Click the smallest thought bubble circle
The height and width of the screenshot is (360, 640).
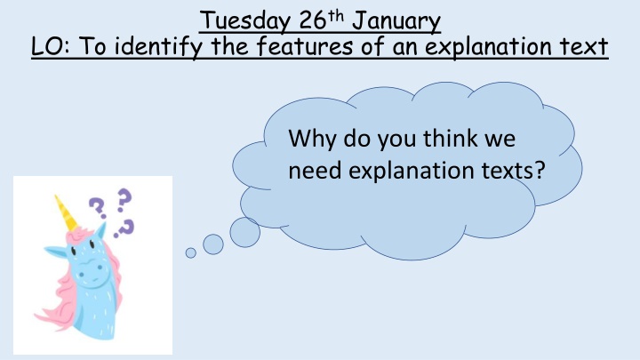(x=190, y=252)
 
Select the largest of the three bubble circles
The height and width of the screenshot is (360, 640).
(x=244, y=230)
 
